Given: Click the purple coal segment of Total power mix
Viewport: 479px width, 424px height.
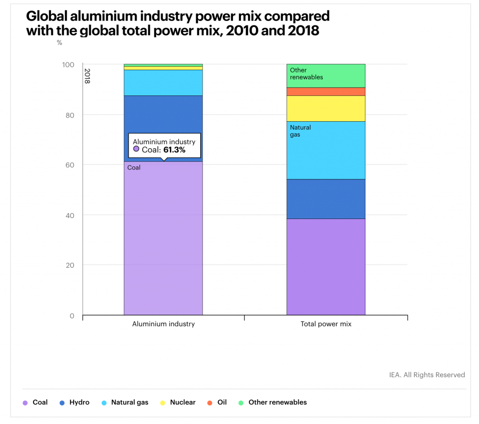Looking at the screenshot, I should [326, 267].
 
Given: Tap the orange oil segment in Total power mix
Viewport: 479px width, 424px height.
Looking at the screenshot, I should [326, 92].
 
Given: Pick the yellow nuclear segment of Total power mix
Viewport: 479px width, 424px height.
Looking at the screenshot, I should [326, 108].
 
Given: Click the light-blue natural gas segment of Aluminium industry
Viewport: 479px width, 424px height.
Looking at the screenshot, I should [163, 83].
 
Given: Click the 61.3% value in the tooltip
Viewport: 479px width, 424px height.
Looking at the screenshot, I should [174, 150].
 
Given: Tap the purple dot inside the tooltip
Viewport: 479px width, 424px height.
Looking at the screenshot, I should [136, 149].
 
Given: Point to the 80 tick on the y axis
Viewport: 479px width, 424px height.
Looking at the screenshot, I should [69, 115].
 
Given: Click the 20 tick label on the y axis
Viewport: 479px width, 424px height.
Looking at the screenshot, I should [69, 265].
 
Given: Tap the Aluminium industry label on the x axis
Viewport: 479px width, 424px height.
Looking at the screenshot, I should [163, 324].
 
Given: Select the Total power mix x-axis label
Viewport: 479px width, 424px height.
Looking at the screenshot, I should [326, 324].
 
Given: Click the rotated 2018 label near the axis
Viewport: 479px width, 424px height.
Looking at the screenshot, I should [87, 76].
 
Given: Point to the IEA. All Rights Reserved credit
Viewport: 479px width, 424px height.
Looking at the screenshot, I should [427, 375].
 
